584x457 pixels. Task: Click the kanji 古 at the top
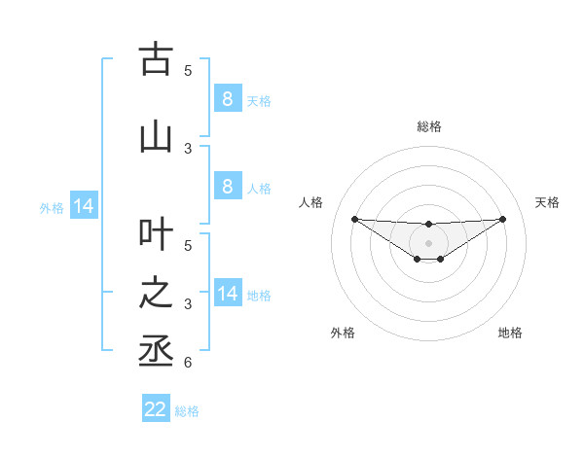[x=155, y=59]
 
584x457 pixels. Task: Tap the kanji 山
[x=155, y=137]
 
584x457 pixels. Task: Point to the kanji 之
[x=155, y=293]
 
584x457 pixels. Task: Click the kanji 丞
[x=155, y=351]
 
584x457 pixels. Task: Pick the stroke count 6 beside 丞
[x=188, y=363]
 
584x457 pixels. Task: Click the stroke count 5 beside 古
[x=188, y=70]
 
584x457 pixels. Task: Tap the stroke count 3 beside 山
[x=188, y=148]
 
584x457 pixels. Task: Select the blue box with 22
[x=156, y=409]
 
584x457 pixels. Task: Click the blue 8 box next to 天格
[x=227, y=99]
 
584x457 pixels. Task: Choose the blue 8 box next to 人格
[x=227, y=187]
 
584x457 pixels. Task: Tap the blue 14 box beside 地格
[x=227, y=294]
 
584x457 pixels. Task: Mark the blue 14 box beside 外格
[x=83, y=206]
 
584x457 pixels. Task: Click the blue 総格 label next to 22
[x=187, y=411]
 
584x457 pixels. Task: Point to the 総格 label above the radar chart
[x=428, y=126]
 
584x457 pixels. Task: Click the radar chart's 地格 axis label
[x=510, y=333]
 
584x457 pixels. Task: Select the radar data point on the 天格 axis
[x=503, y=219]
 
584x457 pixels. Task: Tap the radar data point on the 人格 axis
[x=354, y=219]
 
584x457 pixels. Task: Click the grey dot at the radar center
[x=428, y=242]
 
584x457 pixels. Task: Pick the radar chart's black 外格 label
[x=343, y=333]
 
